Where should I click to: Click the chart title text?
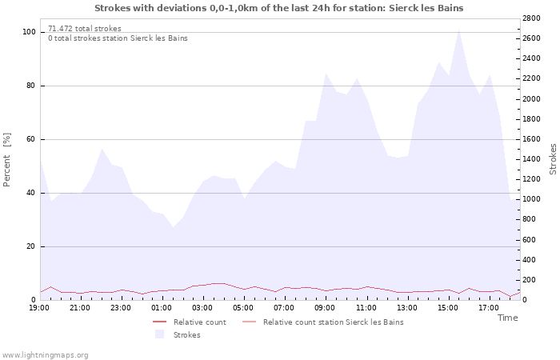(279, 8)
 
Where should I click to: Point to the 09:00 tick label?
(325, 308)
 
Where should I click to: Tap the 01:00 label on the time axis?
(162, 308)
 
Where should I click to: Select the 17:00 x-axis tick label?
(489, 308)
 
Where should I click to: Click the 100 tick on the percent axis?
(29, 32)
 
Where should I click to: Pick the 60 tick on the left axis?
(30, 139)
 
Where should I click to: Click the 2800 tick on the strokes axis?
(531, 18)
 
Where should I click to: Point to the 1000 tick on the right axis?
(531, 199)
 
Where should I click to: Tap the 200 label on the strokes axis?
(530, 280)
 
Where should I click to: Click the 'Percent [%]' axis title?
(6, 160)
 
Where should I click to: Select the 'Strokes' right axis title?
(553, 159)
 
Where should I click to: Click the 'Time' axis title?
(507, 318)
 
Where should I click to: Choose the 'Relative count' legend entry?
(190, 322)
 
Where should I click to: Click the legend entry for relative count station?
(323, 322)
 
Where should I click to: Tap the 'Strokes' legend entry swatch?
(160, 334)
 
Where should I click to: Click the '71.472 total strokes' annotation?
(85, 29)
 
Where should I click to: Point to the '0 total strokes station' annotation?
(118, 38)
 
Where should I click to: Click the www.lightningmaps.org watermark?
(45, 355)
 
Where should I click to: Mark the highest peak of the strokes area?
(459, 30)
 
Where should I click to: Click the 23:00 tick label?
(120, 308)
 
